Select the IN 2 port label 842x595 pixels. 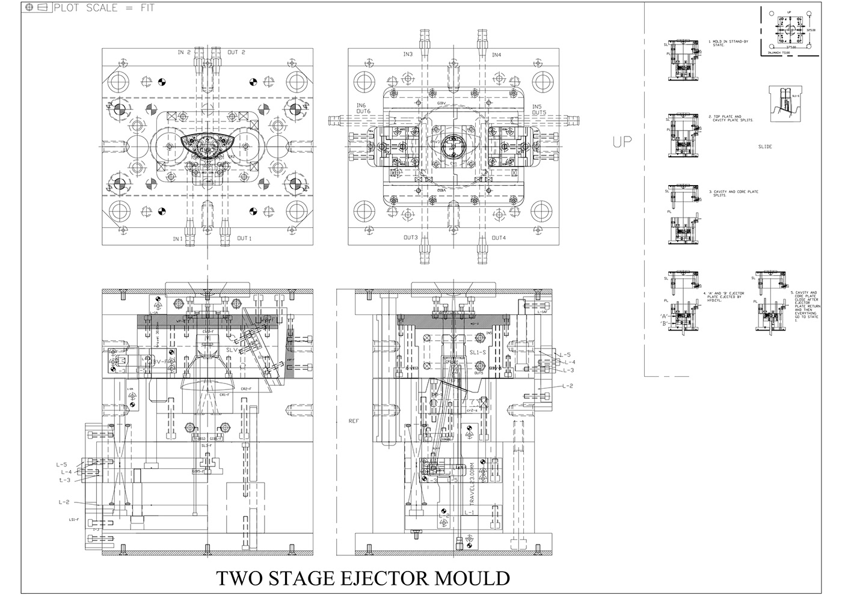point(184,52)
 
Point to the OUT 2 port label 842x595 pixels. point(236,52)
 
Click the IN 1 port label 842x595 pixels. point(178,239)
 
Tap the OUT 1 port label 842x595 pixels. point(244,239)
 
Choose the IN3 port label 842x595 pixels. point(408,55)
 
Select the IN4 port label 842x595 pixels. point(497,55)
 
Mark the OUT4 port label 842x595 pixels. point(499,238)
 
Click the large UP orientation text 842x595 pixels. point(622,142)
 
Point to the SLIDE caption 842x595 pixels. point(765,147)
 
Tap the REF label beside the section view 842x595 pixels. point(354,421)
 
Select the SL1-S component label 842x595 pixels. point(478,353)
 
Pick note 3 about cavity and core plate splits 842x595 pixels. point(735,194)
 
